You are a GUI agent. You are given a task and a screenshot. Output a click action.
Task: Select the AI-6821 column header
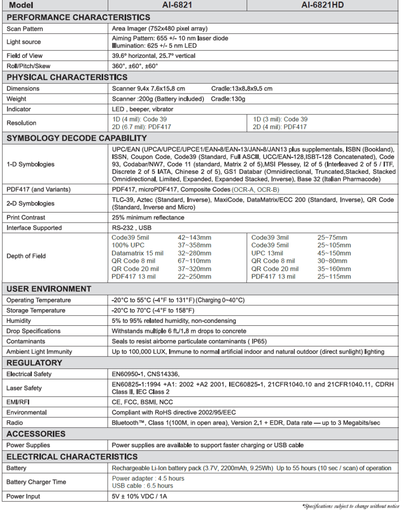(178, 5)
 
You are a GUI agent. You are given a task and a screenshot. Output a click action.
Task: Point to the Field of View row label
(24, 56)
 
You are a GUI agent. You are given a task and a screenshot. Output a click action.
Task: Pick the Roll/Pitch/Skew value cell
(135, 66)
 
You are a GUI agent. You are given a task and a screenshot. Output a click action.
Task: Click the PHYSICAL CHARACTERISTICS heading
(67, 77)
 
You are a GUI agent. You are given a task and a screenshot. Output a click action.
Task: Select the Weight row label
(16, 99)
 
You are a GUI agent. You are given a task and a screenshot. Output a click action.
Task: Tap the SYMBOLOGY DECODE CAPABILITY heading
(76, 138)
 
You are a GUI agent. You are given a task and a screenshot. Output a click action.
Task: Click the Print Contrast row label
(26, 218)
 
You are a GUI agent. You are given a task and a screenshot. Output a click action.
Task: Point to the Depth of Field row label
(26, 256)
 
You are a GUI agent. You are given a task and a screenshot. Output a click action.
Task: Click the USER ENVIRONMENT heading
(49, 289)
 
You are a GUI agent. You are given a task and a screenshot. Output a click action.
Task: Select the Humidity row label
(18, 321)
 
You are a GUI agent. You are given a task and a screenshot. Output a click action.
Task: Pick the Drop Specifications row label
(33, 331)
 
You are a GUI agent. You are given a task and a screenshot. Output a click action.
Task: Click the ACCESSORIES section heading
(36, 434)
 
